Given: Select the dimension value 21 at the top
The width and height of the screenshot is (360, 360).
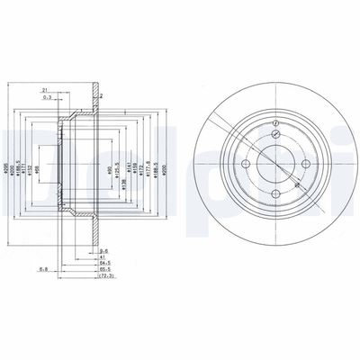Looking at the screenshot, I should (44, 91).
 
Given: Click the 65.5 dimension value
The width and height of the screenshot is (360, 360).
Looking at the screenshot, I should (104, 272).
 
